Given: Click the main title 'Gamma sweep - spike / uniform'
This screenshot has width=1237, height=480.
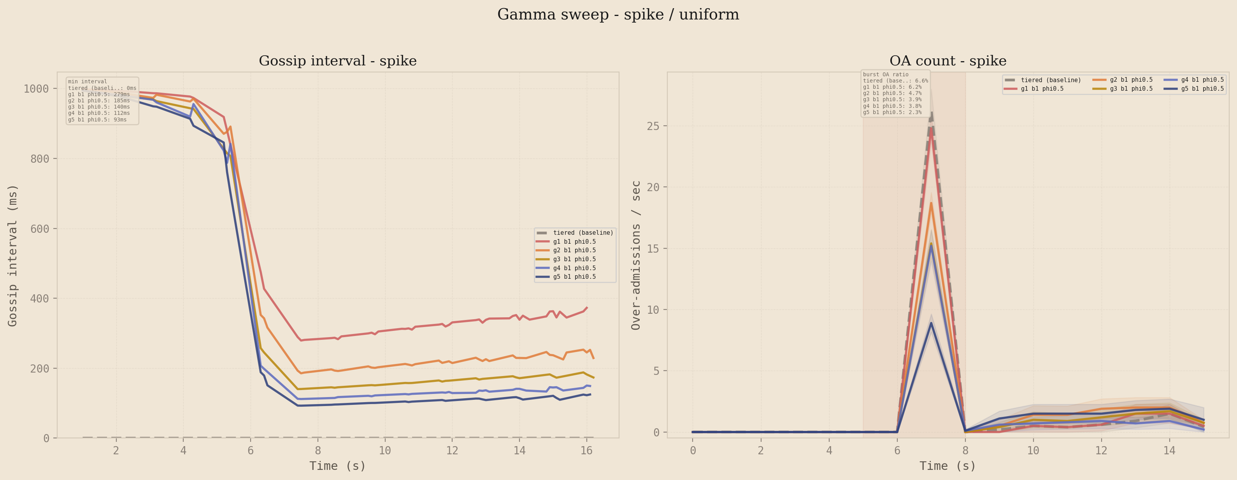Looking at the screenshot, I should [x=618, y=14].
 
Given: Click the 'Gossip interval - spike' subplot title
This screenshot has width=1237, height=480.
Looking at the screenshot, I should [x=338, y=61].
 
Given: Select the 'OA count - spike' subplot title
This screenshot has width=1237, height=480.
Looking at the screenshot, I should [x=947, y=61].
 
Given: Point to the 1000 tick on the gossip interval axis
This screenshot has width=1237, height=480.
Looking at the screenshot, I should [x=36, y=89].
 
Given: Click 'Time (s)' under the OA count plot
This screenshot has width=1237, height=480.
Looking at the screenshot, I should [x=947, y=466].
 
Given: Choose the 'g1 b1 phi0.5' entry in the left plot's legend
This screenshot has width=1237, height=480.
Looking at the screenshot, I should [x=574, y=242].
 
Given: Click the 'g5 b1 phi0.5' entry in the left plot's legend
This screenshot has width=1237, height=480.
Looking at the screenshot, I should [x=574, y=277].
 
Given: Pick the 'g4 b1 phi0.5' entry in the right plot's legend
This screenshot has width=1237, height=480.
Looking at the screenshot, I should [x=1202, y=80].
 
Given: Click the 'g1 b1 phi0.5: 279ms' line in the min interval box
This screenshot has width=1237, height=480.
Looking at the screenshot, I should [x=99, y=95].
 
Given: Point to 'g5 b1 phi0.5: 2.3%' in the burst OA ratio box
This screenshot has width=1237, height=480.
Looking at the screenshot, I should [x=892, y=113].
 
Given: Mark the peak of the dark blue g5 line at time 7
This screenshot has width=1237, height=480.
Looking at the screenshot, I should [x=931, y=323].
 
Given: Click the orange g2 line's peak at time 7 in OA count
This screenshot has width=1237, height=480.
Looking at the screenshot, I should [x=931, y=203].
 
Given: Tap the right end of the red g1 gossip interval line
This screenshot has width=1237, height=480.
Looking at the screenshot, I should [x=587, y=308].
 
